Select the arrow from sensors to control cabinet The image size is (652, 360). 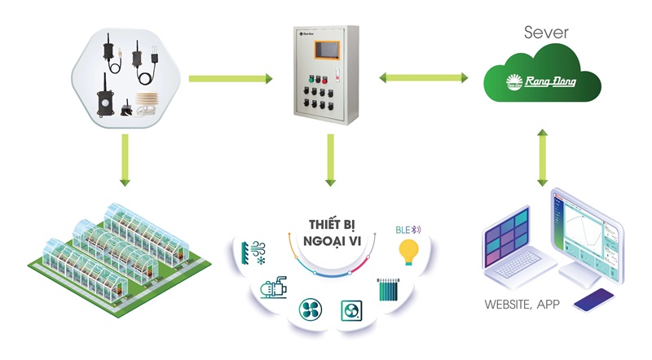[x=230, y=79]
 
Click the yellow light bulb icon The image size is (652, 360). [x=408, y=251]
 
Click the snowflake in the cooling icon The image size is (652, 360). [x=262, y=261]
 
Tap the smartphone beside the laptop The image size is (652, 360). [x=594, y=300]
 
